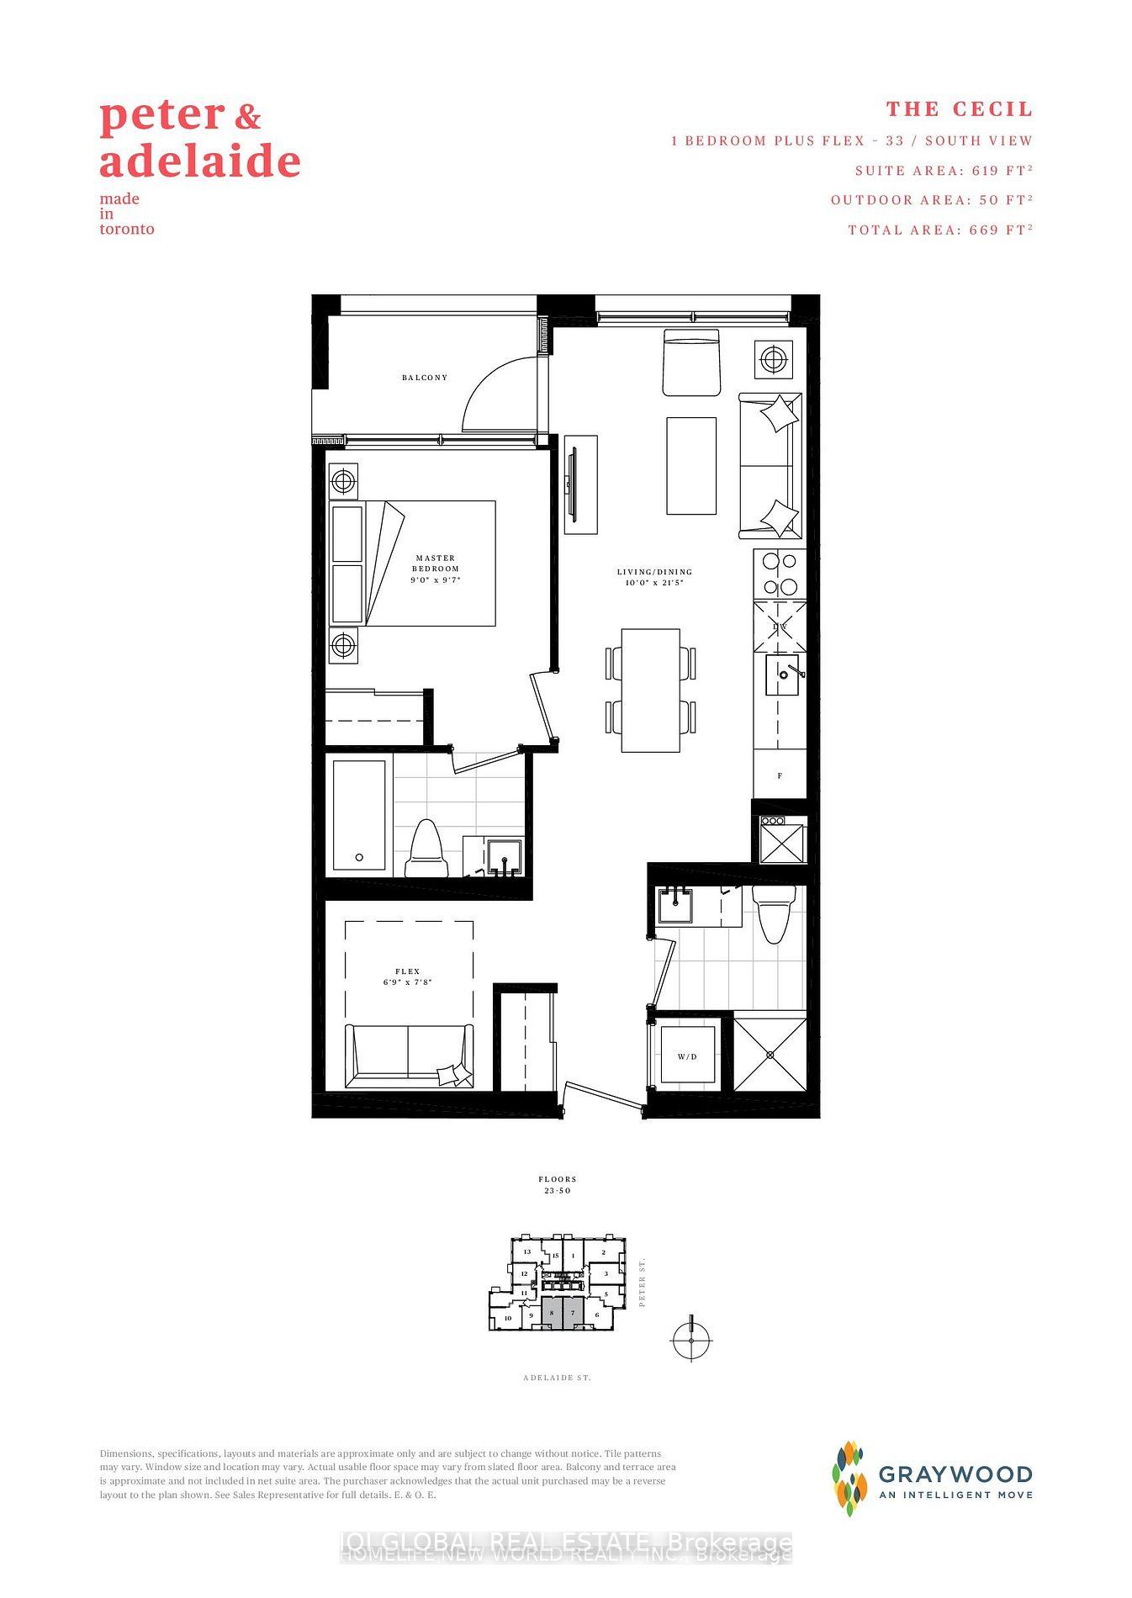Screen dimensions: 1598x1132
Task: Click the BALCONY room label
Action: (x=425, y=378)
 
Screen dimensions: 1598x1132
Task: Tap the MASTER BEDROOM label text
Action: (x=436, y=564)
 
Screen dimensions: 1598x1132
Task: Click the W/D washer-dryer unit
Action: (x=687, y=1056)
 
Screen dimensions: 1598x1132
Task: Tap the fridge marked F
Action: (x=780, y=775)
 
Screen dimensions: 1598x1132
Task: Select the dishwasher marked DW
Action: (x=780, y=627)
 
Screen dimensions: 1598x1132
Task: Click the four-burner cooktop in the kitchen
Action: (x=780, y=574)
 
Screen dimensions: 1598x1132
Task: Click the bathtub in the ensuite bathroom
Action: (x=359, y=814)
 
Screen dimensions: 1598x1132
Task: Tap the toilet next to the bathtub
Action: (x=426, y=849)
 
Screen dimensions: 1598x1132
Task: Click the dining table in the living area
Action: (x=650, y=691)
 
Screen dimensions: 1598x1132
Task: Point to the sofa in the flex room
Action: (x=409, y=1056)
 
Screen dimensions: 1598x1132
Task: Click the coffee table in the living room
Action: (x=691, y=465)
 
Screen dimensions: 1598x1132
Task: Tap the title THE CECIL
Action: (x=959, y=109)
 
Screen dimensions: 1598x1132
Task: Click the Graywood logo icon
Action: (x=849, y=1479)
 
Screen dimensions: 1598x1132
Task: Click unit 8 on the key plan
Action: (x=552, y=1312)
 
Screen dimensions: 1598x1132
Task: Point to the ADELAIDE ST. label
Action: (x=557, y=1378)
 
